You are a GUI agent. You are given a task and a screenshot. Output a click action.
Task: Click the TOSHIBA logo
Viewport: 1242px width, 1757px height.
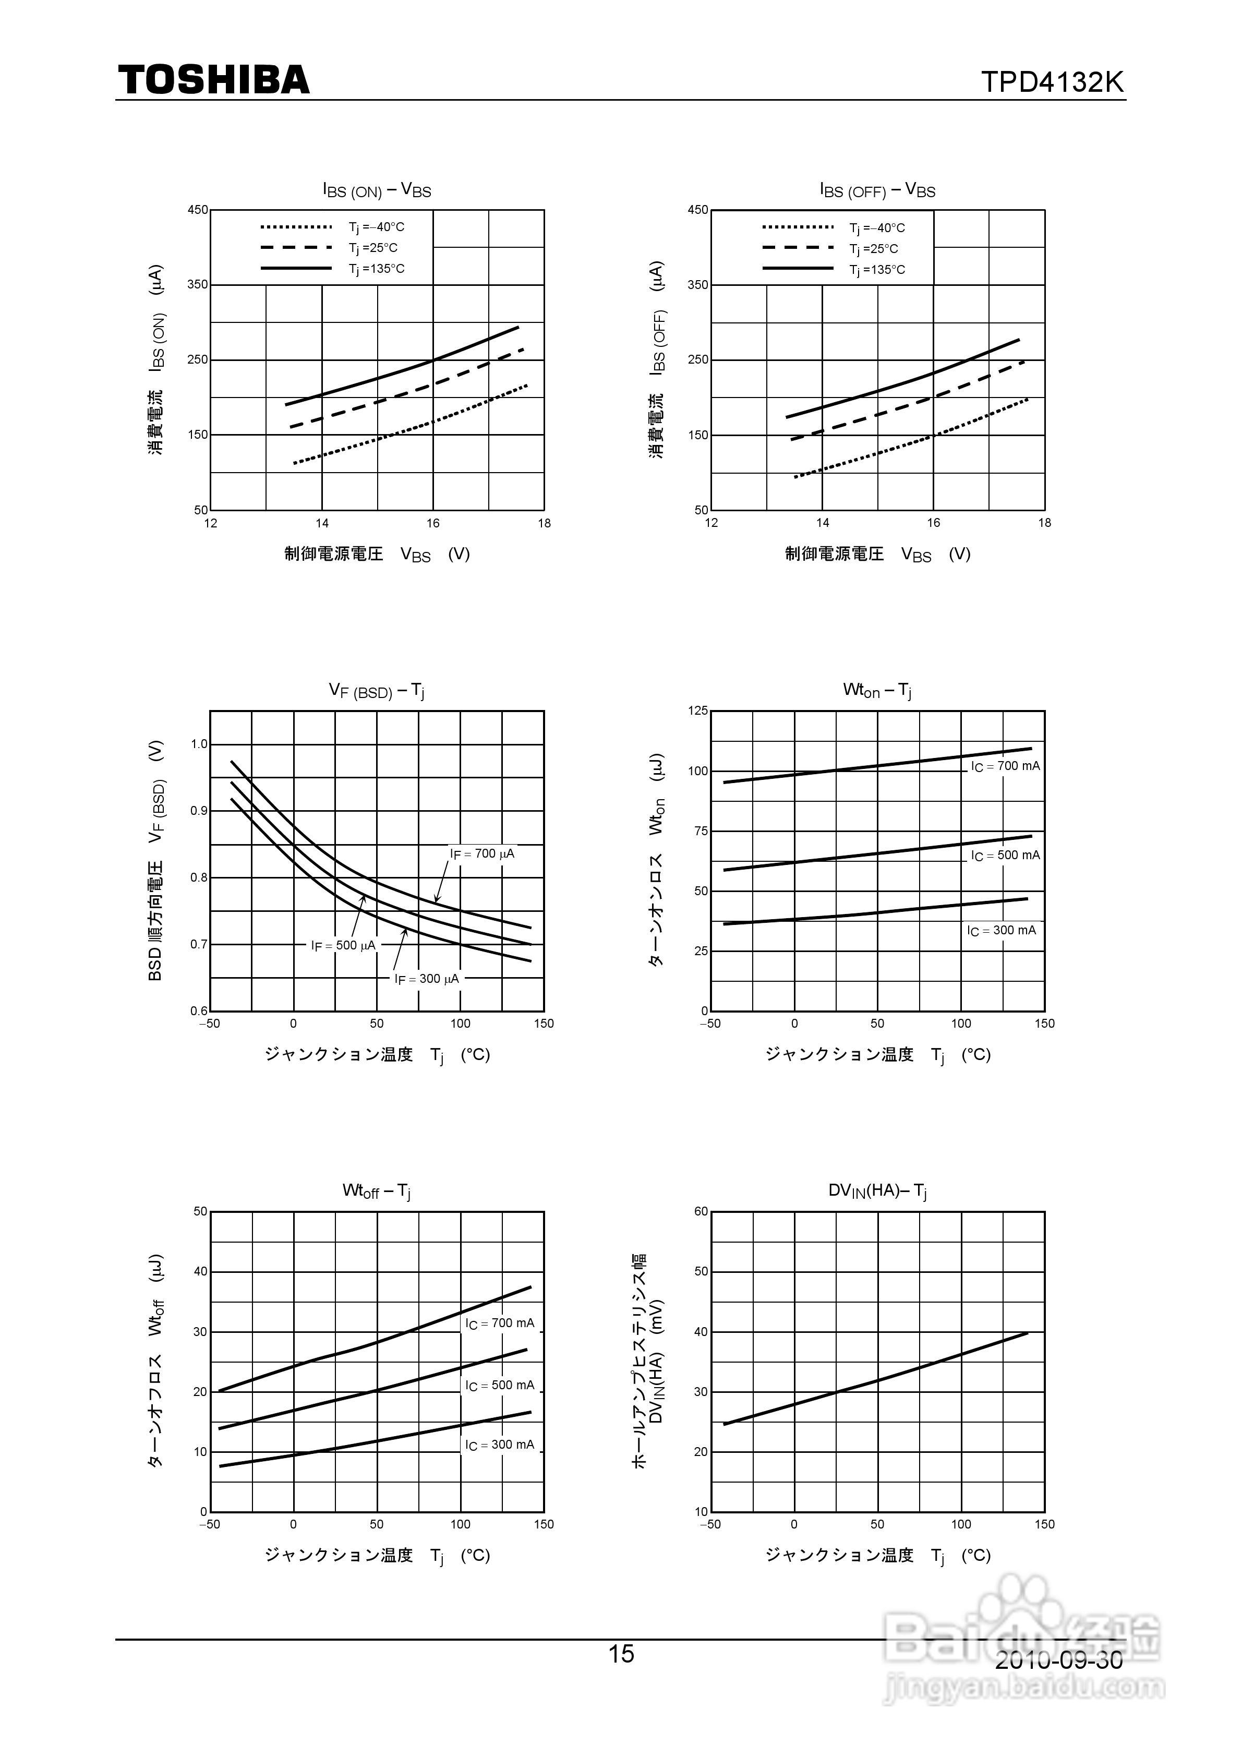[x=213, y=80]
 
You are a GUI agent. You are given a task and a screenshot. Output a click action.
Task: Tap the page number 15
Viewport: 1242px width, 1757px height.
[x=621, y=1654]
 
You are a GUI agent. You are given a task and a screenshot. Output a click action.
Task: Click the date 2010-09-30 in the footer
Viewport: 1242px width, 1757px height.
[x=1059, y=1660]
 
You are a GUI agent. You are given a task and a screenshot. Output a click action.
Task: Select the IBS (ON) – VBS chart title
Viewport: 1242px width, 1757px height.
[x=377, y=190]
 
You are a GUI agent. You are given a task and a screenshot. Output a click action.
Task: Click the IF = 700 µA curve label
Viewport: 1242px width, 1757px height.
[x=482, y=853]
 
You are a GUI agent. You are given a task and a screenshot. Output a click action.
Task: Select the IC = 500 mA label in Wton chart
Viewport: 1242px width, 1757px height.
[x=1005, y=856]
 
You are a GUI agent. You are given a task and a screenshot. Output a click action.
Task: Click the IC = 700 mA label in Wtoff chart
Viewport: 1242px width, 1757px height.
[x=500, y=1323]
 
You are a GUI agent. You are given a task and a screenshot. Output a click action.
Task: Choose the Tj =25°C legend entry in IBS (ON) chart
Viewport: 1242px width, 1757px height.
[x=373, y=248]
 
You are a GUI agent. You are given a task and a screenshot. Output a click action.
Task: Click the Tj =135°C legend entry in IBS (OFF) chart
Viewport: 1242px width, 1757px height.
[x=877, y=269]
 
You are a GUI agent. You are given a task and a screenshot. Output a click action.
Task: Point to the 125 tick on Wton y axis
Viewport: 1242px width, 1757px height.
[x=698, y=711]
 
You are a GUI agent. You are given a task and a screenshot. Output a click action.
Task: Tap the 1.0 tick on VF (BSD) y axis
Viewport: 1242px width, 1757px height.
[x=199, y=744]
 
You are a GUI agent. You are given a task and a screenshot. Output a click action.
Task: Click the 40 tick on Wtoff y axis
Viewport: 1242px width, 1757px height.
[x=200, y=1271]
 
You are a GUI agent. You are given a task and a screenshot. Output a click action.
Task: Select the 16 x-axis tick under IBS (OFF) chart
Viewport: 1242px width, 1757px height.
[x=934, y=523]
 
